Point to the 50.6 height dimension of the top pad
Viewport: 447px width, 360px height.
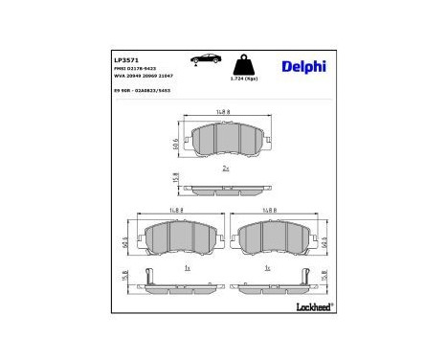click(x=173, y=144)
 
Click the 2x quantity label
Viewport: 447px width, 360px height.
click(x=226, y=169)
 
